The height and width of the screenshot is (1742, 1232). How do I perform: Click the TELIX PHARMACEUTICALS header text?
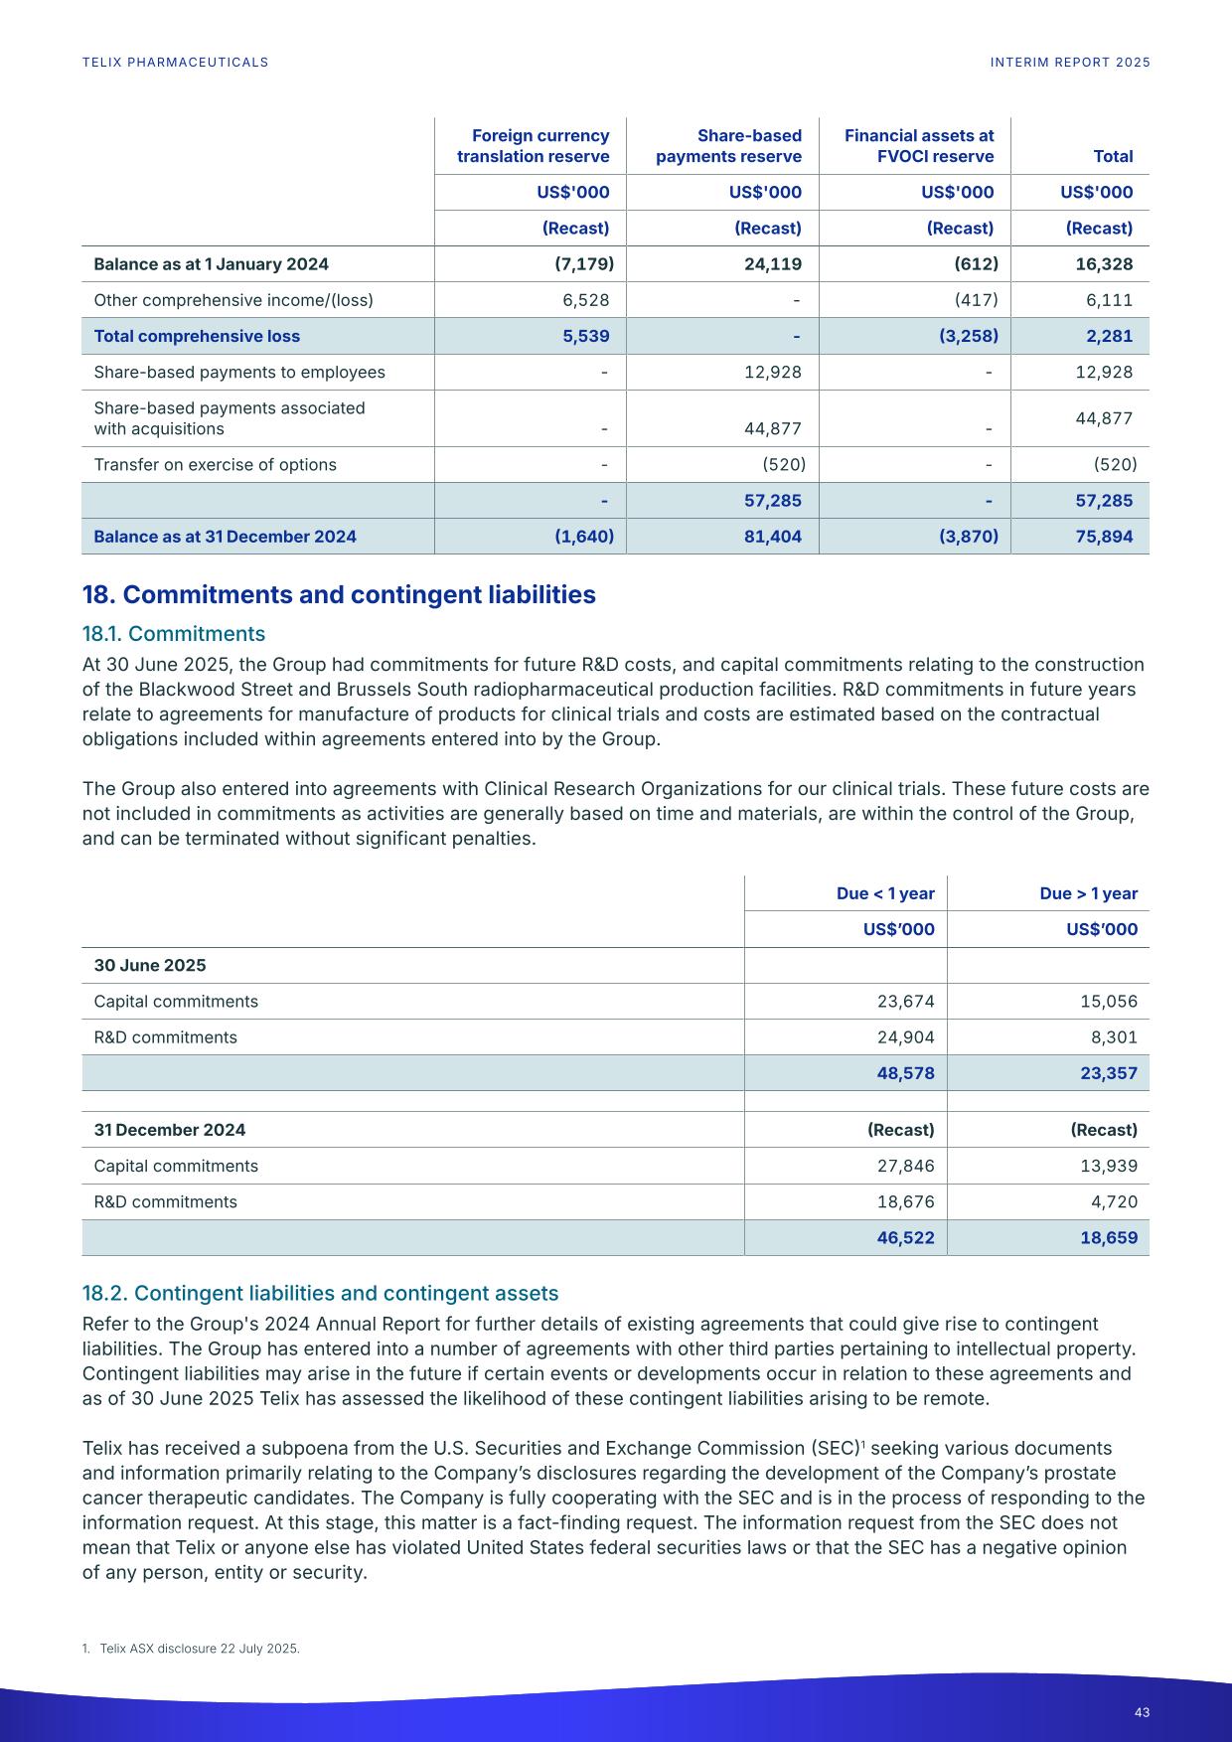(x=175, y=63)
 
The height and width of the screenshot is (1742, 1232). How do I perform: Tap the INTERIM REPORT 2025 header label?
(x=1070, y=63)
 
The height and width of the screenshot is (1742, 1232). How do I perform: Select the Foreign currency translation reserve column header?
(x=534, y=146)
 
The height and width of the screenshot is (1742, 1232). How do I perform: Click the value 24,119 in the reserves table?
(x=772, y=264)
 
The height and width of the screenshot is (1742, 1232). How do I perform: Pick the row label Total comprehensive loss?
(x=197, y=336)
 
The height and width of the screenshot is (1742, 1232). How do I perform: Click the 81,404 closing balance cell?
(x=772, y=537)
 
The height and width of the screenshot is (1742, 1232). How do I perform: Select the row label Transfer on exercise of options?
(x=215, y=465)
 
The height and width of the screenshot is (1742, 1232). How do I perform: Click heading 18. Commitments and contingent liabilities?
(x=339, y=595)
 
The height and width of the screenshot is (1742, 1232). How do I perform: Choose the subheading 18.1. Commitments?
(x=174, y=634)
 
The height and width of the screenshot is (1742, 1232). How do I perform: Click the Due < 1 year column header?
(x=885, y=893)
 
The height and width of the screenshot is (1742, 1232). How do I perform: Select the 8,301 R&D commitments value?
(x=1116, y=1037)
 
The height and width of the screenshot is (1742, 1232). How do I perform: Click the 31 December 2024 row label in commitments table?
(x=170, y=1130)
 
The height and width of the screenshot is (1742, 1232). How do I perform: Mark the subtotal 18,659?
(x=1108, y=1238)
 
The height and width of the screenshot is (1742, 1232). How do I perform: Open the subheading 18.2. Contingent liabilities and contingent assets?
(x=320, y=1294)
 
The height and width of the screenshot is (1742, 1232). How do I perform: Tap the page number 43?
(x=1142, y=1712)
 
